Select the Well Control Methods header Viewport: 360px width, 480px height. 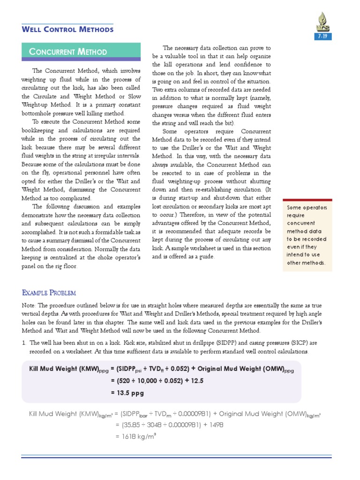click(68, 30)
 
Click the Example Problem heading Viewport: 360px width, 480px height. click(49, 293)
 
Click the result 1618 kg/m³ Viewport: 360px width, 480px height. click(135, 435)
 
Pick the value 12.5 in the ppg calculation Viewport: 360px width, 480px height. click(197, 381)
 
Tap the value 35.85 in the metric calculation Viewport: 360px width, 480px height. click(129, 425)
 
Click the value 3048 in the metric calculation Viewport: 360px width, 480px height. click(152, 425)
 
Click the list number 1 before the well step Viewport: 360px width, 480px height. click(24, 343)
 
